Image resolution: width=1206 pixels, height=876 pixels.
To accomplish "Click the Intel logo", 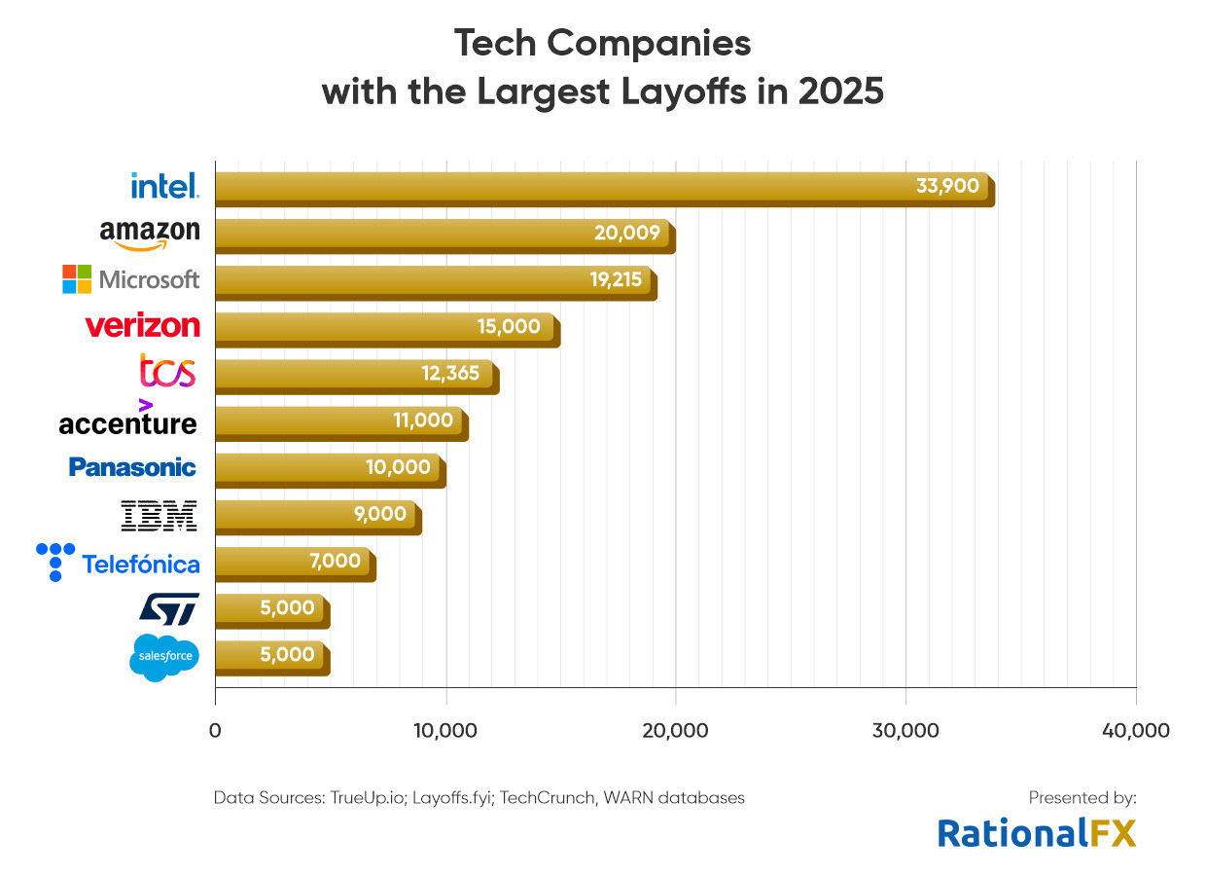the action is [165, 186].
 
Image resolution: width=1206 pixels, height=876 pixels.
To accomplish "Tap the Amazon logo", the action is [150, 235].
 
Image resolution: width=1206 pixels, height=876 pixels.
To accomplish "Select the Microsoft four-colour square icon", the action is [77, 279].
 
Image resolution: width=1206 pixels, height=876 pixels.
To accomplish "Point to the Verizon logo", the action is [143, 325].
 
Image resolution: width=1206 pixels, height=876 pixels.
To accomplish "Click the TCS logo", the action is [167, 371].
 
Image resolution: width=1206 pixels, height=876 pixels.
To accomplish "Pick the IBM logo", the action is [159, 516].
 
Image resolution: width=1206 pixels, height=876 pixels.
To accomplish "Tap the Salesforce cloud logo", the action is [164, 658].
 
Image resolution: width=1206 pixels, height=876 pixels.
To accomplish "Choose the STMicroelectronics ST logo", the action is [169, 609].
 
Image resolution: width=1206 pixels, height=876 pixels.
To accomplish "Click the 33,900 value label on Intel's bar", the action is [947, 186].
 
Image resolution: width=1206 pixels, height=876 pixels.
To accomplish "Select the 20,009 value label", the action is [627, 233].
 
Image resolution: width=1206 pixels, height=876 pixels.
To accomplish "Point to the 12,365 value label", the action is [450, 374].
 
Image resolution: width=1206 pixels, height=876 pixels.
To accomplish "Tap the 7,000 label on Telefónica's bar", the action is [335, 562].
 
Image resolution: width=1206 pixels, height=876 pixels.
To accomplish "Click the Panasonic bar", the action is [331, 471].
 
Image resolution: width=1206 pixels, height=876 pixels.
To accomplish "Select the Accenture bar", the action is [342, 424].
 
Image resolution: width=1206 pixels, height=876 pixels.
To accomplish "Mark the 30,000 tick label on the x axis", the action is [905, 731].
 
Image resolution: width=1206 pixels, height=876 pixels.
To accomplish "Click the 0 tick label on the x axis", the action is [215, 731].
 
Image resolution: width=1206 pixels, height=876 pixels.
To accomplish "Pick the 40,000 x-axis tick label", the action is [1136, 731].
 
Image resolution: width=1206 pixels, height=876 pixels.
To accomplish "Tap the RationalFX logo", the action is [1037, 833].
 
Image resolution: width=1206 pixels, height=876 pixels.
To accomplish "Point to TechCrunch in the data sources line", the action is [547, 797].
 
